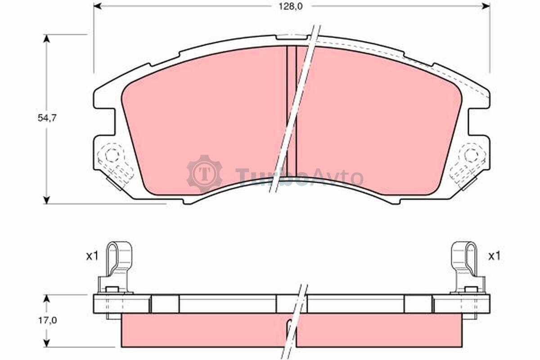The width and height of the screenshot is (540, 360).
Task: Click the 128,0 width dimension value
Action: tap(291, 7)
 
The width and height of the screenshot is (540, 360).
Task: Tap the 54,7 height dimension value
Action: tap(47, 118)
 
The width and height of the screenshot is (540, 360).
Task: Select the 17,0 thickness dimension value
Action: tap(47, 320)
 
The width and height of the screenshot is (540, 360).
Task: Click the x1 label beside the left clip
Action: tap(93, 256)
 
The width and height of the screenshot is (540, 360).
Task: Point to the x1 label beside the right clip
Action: tap(494, 256)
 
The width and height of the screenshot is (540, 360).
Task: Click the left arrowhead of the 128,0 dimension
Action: tap(97, 6)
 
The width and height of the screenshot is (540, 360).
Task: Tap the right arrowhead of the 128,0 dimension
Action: tap(486, 6)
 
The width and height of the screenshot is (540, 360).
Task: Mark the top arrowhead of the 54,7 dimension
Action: tap(46, 38)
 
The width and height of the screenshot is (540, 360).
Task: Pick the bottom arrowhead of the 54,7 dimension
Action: tap(46, 200)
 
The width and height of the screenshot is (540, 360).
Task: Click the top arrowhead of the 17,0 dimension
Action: tap(46, 298)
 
